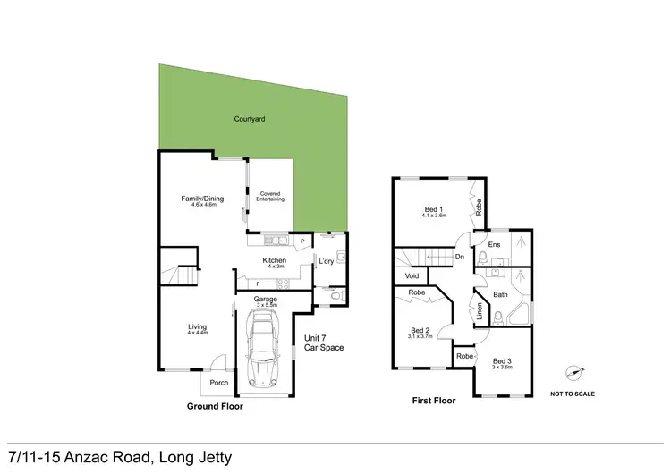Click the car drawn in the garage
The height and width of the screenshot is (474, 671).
click(x=263, y=351)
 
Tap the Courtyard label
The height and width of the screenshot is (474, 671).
click(x=250, y=119)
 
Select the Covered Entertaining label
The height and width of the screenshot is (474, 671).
click(x=271, y=196)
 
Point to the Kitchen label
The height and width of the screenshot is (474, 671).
click(x=274, y=260)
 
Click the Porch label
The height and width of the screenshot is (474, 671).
click(x=219, y=383)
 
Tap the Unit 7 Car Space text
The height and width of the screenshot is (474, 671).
click(x=323, y=342)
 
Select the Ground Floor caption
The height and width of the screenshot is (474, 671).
click(x=215, y=406)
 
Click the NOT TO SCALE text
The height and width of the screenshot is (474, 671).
click(x=573, y=394)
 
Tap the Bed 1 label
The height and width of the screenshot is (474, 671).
click(x=434, y=210)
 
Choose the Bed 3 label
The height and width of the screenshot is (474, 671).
click(x=501, y=360)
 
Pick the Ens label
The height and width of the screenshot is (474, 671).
click(x=494, y=243)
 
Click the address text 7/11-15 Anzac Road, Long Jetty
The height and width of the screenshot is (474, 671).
click(x=119, y=457)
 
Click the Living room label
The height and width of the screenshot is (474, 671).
click(x=197, y=327)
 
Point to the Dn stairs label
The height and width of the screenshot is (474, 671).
click(x=459, y=258)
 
